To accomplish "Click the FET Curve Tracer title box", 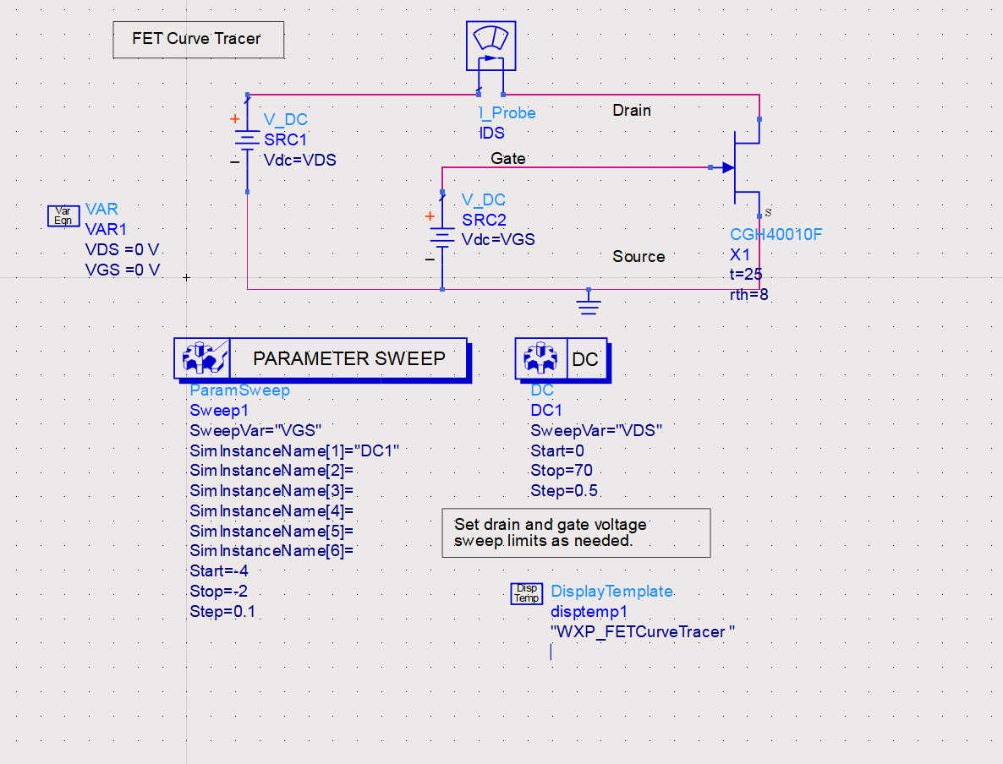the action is click(x=198, y=40).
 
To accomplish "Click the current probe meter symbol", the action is click(x=491, y=46).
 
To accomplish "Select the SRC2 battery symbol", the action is click(x=442, y=238).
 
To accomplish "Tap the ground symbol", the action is click(x=589, y=303).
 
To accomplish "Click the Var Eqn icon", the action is click(x=63, y=216).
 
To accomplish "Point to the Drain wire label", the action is click(x=632, y=111).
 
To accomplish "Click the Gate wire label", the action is click(x=508, y=159).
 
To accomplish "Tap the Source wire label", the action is click(x=639, y=256).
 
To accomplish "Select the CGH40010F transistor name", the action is click(x=776, y=235).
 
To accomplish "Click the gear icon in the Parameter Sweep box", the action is click(x=203, y=358).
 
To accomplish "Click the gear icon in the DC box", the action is click(x=541, y=358).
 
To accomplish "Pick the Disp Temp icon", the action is click(x=526, y=593).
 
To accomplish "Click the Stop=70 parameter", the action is click(x=561, y=471).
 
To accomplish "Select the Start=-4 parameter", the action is click(x=219, y=571).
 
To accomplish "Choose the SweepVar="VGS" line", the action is click(x=255, y=431).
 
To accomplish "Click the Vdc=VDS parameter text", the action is click(x=300, y=160).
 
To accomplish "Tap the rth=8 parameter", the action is click(x=749, y=295).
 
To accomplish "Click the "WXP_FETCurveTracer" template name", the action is click(x=642, y=632).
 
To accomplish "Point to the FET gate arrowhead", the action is click(x=728, y=167).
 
